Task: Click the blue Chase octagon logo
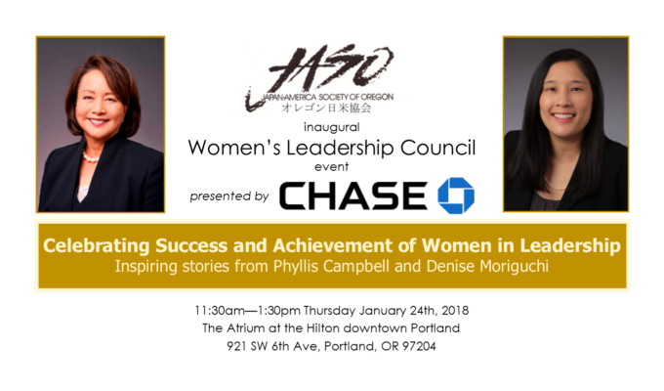[x=456, y=195]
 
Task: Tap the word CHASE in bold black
[x=353, y=195]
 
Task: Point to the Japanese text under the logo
[x=326, y=108]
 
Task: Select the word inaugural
[x=332, y=127]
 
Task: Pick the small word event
[x=332, y=166]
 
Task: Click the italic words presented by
[x=229, y=196]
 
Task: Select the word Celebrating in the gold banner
[x=97, y=245]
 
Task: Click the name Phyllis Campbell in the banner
[x=331, y=266]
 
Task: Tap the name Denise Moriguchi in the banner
[x=487, y=266]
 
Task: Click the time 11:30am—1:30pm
[x=248, y=311]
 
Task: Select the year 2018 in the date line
[x=455, y=311]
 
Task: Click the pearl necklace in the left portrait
[x=90, y=157]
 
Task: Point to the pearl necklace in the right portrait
[x=555, y=185]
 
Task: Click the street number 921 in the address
[x=236, y=346]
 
